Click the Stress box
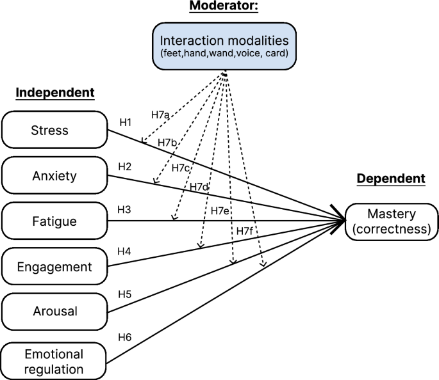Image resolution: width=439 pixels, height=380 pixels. tap(54, 130)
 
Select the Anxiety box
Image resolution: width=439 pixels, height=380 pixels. tap(54, 175)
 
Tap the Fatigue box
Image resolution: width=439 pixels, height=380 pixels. tap(54, 221)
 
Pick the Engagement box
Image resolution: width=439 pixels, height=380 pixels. tap(54, 266)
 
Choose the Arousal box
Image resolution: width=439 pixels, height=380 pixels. tap(54, 312)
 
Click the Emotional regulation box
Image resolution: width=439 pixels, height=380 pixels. tap(54, 361)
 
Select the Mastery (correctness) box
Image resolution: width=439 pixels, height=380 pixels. tap(392, 222)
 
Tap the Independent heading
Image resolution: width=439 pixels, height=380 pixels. tap(54, 93)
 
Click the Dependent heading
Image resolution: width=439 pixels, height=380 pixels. tap(390, 178)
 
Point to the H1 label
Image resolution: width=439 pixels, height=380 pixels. tap(125, 121)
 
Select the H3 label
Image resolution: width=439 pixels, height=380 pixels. tap(124, 210)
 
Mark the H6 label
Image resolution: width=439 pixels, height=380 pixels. tap(124, 335)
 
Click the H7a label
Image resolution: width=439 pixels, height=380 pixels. tap(160, 115)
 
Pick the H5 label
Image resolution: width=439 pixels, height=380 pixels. tap(124, 294)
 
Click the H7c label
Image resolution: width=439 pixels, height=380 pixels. tap(181, 168)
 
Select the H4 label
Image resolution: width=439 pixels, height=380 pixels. tap(124, 251)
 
